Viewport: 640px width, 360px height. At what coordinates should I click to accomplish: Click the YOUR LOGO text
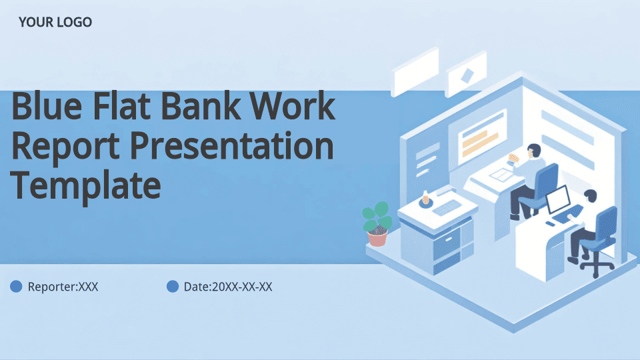click(x=55, y=22)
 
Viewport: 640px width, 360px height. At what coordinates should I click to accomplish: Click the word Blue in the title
click(x=47, y=106)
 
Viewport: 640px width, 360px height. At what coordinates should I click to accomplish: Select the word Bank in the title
click(x=201, y=106)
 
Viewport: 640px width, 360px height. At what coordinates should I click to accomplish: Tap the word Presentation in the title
click(x=232, y=147)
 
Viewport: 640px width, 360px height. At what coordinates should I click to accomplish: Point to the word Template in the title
click(x=86, y=186)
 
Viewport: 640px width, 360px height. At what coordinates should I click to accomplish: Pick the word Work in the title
click(x=292, y=106)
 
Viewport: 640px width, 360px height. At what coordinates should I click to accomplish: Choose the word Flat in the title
click(x=121, y=106)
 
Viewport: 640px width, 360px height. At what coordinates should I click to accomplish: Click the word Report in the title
click(x=65, y=147)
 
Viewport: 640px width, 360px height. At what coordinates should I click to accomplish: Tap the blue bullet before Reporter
click(x=16, y=287)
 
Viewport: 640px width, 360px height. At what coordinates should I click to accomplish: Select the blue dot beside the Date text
click(x=173, y=287)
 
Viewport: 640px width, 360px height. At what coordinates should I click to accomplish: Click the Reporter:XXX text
click(x=63, y=287)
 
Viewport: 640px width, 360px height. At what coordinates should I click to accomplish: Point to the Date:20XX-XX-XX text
click(x=228, y=287)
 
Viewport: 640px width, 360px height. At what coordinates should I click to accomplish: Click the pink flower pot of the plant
click(x=377, y=238)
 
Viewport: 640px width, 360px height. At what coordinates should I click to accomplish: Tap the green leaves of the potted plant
click(x=377, y=216)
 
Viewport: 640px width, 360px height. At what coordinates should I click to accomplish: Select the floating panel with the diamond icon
click(x=467, y=74)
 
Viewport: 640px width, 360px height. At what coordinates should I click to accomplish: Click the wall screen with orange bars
click(x=481, y=137)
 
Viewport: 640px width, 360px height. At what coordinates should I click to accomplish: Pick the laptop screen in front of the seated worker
click(x=559, y=199)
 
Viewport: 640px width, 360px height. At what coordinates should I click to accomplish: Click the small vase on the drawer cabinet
click(x=425, y=199)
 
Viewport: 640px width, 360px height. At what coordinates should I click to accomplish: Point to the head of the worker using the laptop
click(x=591, y=196)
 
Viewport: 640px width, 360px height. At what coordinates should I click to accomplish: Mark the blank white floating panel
click(x=415, y=72)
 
